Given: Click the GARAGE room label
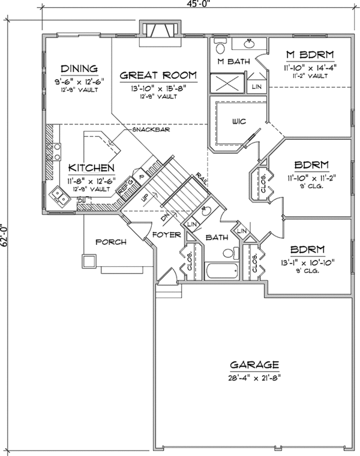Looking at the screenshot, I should [x=254, y=364].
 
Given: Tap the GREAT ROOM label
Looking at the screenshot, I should [x=158, y=75].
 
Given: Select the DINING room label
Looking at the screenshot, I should [x=79, y=68].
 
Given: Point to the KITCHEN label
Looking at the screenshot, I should [x=91, y=167].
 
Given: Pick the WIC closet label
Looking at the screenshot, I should [x=238, y=122].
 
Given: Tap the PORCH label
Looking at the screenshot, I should [x=111, y=242].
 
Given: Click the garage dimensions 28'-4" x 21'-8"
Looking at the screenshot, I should [x=254, y=378].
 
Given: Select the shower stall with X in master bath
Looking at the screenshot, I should [x=227, y=83].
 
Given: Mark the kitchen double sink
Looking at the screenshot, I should [x=59, y=194].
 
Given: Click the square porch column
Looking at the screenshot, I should [x=89, y=260].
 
